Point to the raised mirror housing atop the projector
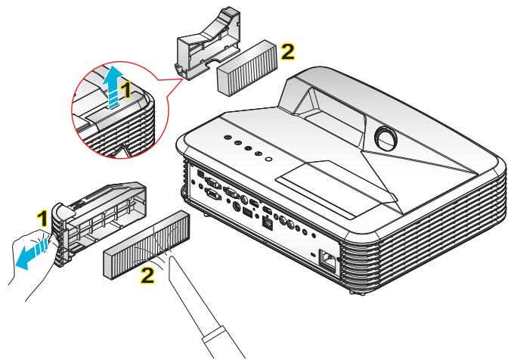click(x=355, y=98)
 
